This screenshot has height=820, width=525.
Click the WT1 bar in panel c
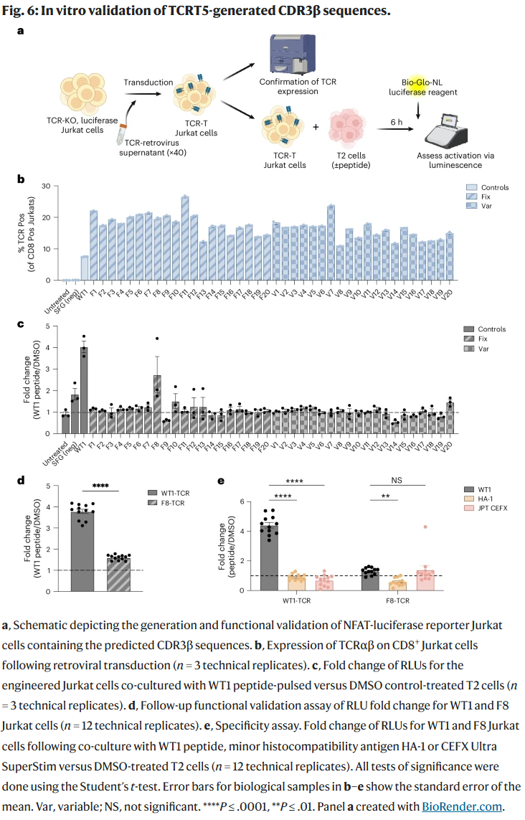[84, 391]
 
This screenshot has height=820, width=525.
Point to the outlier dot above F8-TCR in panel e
[425, 527]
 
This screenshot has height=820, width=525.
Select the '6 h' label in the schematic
[397, 122]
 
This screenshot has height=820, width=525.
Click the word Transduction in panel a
[148, 83]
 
